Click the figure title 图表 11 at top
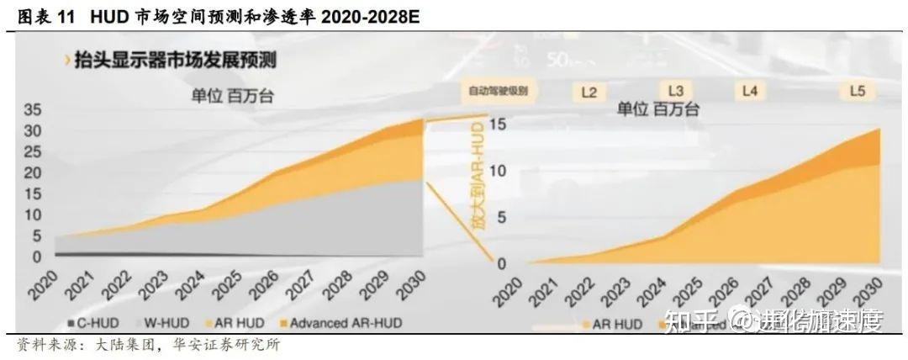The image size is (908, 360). pos(44,16)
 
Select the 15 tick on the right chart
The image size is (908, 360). pos(497,124)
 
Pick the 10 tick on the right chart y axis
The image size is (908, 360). pos(497,171)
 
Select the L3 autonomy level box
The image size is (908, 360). pos(676,90)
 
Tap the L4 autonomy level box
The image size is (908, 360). pos(750,90)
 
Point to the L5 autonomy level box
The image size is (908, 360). pos(857,90)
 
